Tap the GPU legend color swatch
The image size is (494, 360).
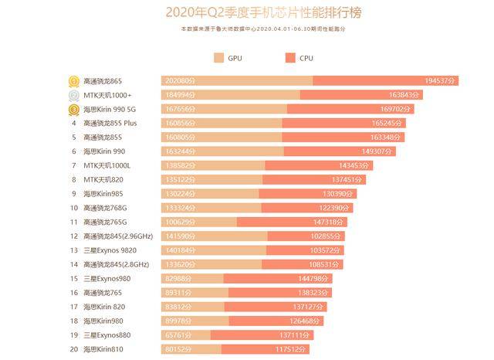coord(218,58)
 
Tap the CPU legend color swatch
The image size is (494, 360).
coord(290,58)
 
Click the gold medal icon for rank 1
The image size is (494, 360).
coord(73,80)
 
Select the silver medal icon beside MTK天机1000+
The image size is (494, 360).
coord(73,95)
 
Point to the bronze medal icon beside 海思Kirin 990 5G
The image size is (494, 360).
coord(73,109)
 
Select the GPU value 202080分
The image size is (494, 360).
coord(181,81)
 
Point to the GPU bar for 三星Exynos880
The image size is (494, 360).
coord(185,335)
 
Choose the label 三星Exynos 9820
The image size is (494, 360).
coord(111,250)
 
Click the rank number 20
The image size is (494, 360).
coord(74,349)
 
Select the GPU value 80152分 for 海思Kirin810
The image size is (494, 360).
coord(181,349)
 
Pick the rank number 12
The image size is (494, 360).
coord(74,236)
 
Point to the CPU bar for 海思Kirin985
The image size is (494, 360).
coord(309,194)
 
